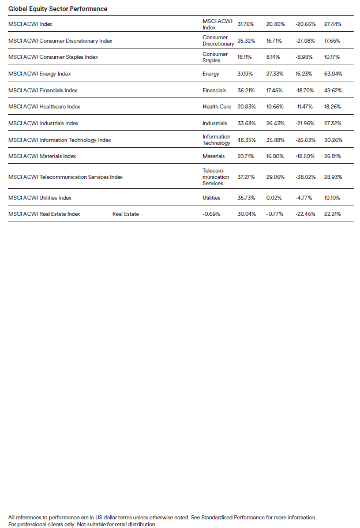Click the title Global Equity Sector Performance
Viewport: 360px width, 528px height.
(x=57, y=9)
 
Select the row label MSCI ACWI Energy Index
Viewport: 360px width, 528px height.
(x=40, y=74)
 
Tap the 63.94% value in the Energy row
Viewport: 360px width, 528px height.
(x=333, y=74)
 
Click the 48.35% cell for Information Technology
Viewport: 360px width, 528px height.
(x=247, y=140)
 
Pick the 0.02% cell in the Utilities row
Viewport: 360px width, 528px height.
(x=275, y=198)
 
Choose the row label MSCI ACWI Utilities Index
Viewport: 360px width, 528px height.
(x=40, y=198)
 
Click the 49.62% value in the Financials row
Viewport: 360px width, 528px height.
(x=333, y=91)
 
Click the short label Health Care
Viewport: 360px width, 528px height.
(x=217, y=107)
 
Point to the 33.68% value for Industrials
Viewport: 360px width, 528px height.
(x=247, y=123)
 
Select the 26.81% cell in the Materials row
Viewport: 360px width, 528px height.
(x=333, y=156)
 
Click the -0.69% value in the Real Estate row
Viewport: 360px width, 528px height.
(x=211, y=214)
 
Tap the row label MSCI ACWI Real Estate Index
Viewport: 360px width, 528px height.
(x=44, y=214)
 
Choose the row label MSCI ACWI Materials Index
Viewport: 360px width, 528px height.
(x=42, y=156)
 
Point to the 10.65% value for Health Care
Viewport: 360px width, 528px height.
(x=275, y=107)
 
